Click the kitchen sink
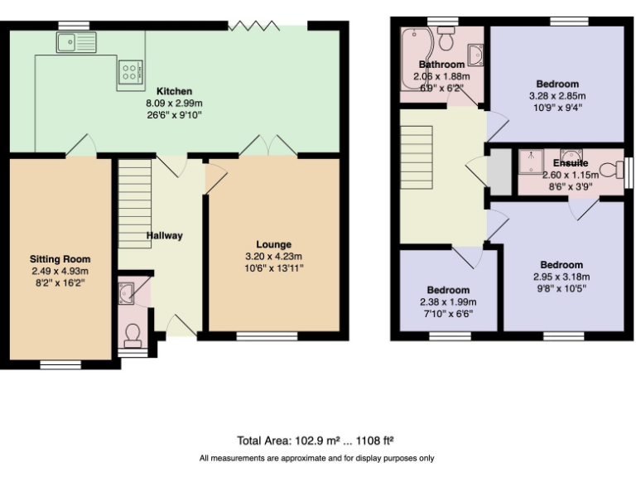click(76, 41)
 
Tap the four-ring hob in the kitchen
click(131, 70)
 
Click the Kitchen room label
click(174, 91)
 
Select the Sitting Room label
click(60, 259)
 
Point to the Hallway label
click(164, 236)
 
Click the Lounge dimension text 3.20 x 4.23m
click(273, 256)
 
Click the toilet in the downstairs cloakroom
click(132, 335)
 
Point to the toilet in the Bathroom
click(446, 38)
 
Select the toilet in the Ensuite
click(610, 171)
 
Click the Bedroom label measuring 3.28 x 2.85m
click(557, 84)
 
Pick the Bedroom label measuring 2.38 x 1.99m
click(448, 290)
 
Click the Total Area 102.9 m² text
click(316, 440)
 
